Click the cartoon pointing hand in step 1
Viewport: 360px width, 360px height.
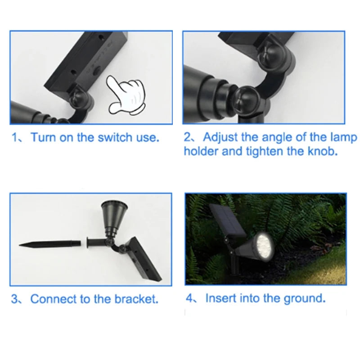[x=126, y=95]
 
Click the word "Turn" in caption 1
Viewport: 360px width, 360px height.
[x=43, y=137]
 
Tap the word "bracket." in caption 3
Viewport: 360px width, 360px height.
[x=136, y=299]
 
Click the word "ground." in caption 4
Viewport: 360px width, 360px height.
[x=305, y=299]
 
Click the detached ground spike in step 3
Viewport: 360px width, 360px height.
[x=50, y=243]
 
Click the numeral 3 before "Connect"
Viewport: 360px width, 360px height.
[x=14, y=299]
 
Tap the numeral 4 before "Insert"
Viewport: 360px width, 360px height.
[x=189, y=298]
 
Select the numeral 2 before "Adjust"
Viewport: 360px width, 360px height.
[x=188, y=137]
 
